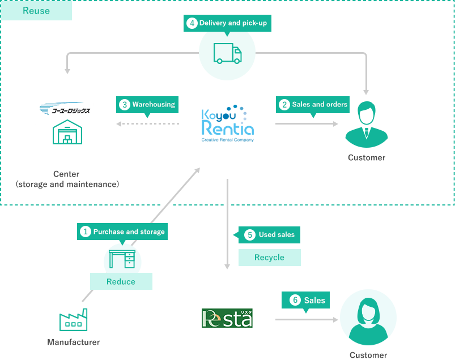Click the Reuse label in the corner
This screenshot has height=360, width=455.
[x=36, y=11]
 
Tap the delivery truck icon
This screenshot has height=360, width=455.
[x=227, y=53]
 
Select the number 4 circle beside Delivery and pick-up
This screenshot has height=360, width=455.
[x=192, y=23]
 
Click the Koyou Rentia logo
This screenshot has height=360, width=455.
[x=227, y=123]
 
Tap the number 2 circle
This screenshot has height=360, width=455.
[x=284, y=104]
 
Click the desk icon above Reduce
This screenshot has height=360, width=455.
[x=122, y=258]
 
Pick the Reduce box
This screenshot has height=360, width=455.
[x=121, y=281]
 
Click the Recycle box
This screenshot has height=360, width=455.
[x=269, y=257]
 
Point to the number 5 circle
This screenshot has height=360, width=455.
[x=250, y=234]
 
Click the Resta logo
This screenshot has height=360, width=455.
[x=227, y=318]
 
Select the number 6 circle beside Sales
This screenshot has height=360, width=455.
[x=295, y=300]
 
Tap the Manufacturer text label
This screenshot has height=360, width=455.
[x=74, y=342]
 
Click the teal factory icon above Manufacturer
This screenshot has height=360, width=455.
[x=74, y=319]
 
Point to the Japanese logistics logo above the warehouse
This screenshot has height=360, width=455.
[x=67, y=109]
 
